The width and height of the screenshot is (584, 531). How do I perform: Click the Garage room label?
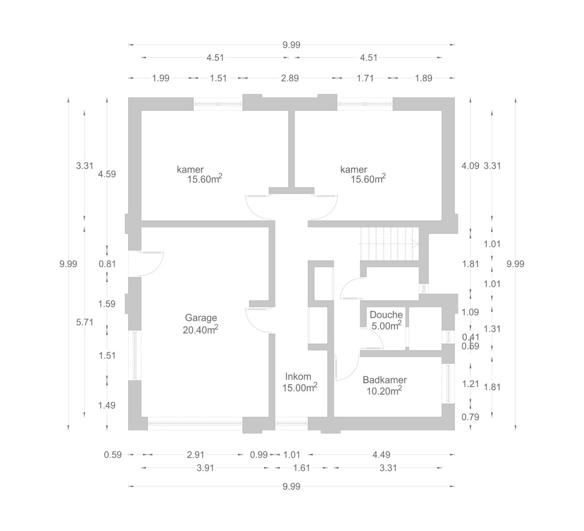pos(201,318)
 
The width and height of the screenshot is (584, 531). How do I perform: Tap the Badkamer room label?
pos(385,380)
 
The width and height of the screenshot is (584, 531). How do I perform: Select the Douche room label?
pos(386,315)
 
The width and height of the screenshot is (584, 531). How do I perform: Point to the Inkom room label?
pos(298,376)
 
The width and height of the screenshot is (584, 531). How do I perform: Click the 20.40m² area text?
pos(200,329)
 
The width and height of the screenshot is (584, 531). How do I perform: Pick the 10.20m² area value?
pos(384,391)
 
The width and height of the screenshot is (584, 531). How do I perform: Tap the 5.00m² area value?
pos(387,325)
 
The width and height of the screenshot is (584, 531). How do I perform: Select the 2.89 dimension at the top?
pos(290,78)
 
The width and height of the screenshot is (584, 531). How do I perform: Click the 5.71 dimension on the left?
pos(84,322)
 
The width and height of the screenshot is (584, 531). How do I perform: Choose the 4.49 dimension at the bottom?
pos(381,454)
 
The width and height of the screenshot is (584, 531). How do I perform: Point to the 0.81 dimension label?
pos(107,264)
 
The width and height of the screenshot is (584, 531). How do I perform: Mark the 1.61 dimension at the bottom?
pos(301,468)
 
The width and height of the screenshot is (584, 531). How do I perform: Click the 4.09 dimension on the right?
pos(470,166)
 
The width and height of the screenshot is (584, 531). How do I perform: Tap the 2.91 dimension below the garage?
pos(195,454)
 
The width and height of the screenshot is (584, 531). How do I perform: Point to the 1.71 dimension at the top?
pos(365,78)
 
